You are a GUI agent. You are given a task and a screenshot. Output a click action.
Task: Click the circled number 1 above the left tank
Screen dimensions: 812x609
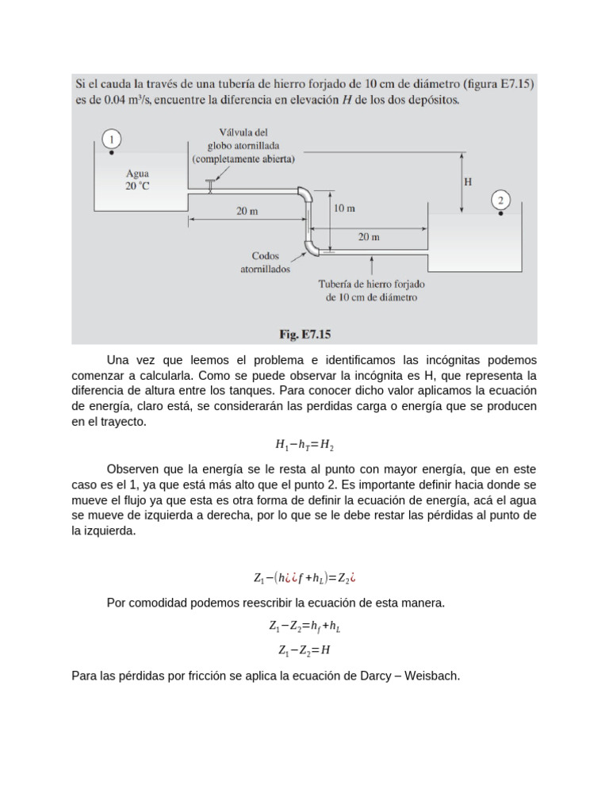pos(112,139)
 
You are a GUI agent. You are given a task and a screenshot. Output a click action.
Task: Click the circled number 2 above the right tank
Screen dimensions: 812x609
pos(501,199)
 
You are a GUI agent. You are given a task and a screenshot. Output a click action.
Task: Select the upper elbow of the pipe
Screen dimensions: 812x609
pos(304,193)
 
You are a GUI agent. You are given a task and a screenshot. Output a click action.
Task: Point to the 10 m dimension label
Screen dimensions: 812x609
pos(344,209)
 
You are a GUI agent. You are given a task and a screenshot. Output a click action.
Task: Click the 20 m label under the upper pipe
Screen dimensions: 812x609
pos(246,212)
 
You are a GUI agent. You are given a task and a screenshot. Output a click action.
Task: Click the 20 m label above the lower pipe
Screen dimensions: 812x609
pos(369,236)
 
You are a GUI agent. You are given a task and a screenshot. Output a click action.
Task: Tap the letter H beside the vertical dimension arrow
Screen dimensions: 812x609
pos(468,182)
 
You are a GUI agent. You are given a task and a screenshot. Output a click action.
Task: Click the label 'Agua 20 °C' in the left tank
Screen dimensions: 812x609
pos(137,179)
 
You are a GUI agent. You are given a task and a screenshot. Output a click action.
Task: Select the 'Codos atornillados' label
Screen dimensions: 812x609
pos(266,262)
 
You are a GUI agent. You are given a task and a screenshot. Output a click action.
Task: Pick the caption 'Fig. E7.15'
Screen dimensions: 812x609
pos(304,334)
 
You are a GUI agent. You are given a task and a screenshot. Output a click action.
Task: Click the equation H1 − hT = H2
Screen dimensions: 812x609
pos(304,446)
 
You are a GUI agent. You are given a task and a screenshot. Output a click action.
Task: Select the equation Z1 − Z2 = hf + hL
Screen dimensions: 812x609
pos(304,626)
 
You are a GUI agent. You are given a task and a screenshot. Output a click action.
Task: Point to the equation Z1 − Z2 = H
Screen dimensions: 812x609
pos(304,650)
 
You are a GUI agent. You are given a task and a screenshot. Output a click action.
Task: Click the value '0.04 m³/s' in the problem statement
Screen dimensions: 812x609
pos(113,101)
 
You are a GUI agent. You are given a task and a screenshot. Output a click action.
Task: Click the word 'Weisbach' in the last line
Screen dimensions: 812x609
pos(432,676)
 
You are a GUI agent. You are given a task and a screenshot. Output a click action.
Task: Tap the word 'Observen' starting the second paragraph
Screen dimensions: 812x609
pos(132,469)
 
